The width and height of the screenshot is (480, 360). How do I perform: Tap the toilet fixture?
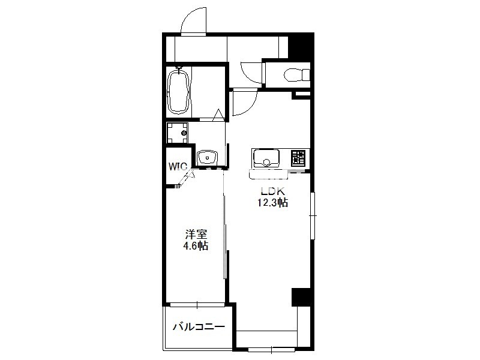click(x=297, y=75)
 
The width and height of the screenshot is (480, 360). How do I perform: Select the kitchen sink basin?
click(x=266, y=158)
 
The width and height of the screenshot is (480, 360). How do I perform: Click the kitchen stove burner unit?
click(x=298, y=158)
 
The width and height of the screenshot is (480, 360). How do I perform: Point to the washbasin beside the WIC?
click(x=207, y=158)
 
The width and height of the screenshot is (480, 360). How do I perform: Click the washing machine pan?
click(x=177, y=133)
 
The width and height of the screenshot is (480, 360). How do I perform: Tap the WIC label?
click(x=178, y=167)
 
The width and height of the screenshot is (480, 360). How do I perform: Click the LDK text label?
click(x=272, y=191)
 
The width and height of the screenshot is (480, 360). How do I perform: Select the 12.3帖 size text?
click(x=272, y=203)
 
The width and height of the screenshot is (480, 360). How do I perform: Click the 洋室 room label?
click(x=196, y=235)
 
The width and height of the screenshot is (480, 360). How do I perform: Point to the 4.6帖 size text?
click(x=196, y=246)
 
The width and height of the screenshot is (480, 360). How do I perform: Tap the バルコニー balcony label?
click(x=199, y=327)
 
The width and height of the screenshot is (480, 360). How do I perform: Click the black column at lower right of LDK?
click(x=302, y=297)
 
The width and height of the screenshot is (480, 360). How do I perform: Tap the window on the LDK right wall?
click(x=313, y=216)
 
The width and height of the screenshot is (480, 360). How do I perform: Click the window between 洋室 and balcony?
click(x=197, y=305)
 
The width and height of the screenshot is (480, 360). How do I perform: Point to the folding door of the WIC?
click(x=186, y=178)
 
